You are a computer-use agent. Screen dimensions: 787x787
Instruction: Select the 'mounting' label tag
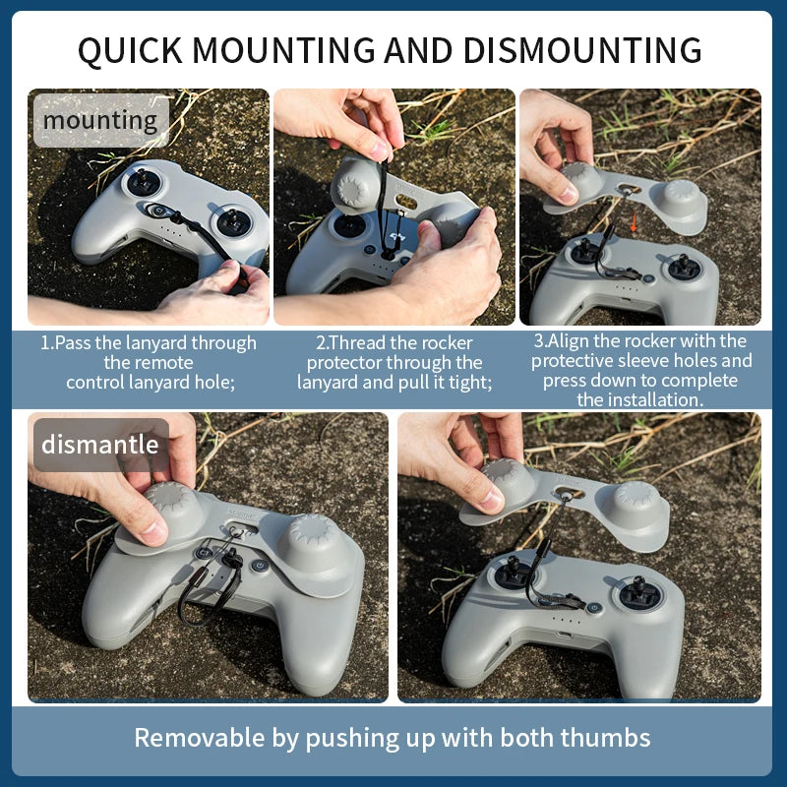pos(100,121)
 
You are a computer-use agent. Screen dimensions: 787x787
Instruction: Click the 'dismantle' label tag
pos(99,444)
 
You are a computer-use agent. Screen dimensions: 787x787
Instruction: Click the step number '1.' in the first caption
pos(46,343)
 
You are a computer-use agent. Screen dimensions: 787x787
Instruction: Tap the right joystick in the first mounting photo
pos(232,220)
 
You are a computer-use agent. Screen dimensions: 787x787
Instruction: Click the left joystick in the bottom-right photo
pos(513,576)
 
